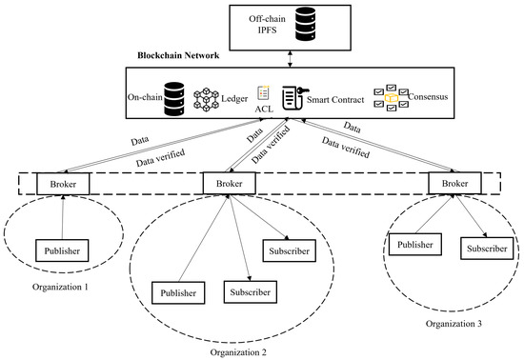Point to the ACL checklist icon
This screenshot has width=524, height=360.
click(265, 93)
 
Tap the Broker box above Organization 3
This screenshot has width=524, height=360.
click(451, 182)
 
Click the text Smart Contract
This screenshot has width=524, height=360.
click(340, 97)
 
